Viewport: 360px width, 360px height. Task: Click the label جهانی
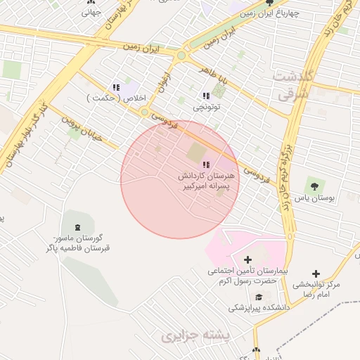[91, 12]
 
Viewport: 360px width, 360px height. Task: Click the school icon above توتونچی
[206, 96]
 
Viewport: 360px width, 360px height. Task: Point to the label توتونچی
[207, 108]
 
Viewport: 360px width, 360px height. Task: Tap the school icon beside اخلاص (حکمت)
[117, 87]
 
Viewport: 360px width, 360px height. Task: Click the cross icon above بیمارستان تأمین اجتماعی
[247, 259]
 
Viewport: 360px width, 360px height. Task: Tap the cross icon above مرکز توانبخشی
[315, 273]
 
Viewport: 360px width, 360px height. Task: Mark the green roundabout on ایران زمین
[181, 55]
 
